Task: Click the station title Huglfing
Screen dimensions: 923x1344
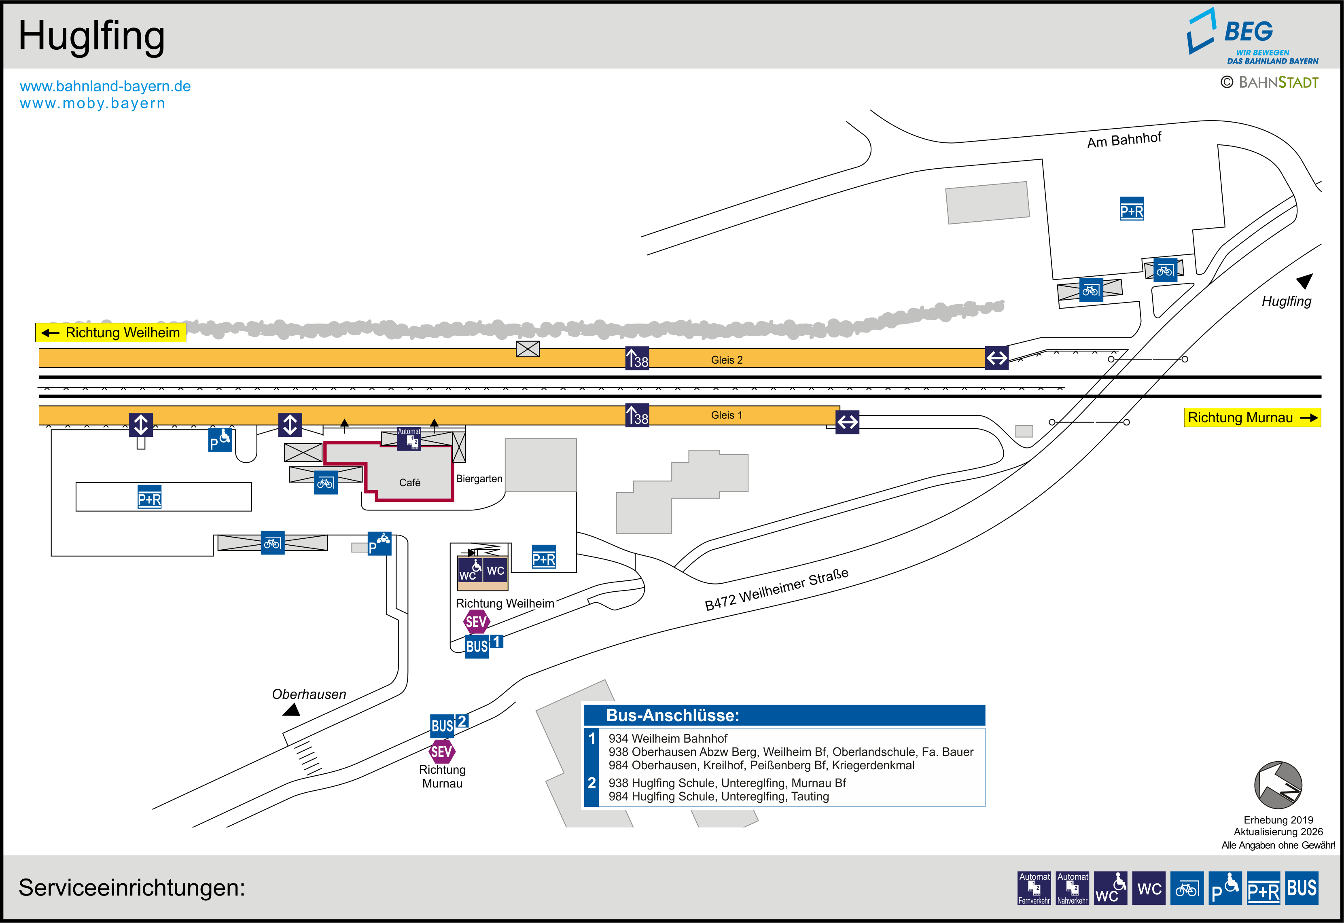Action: [x=91, y=36]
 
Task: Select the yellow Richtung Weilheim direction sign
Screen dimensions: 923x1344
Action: [x=110, y=332]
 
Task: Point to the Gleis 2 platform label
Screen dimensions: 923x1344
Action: [x=726, y=360]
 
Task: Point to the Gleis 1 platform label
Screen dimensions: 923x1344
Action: [x=726, y=415]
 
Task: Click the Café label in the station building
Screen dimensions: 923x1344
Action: [x=409, y=482]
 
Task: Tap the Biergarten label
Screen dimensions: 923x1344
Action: [x=479, y=479]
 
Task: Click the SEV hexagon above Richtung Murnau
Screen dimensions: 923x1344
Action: [x=442, y=752]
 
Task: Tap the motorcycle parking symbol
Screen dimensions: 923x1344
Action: [x=379, y=544]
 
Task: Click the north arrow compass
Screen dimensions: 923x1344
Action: [x=1278, y=785]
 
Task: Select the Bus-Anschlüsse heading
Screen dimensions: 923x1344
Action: [x=672, y=716]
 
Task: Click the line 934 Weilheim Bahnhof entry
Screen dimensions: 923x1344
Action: [x=668, y=739]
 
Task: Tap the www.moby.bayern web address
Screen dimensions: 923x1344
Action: [x=93, y=104]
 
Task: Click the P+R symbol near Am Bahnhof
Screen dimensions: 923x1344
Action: [x=1131, y=210]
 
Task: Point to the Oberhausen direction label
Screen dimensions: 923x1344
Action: [x=309, y=694]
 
